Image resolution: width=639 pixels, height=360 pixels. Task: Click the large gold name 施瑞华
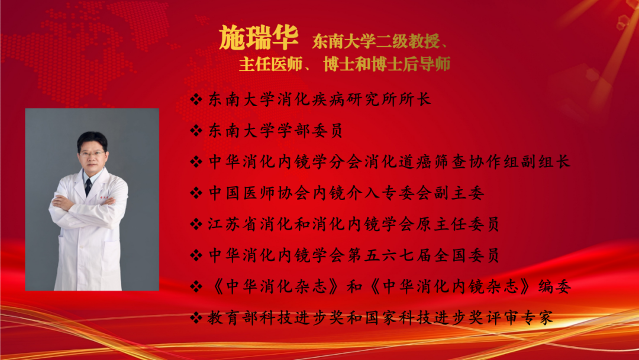(259, 38)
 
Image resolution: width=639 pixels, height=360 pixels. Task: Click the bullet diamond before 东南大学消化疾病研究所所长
(196, 99)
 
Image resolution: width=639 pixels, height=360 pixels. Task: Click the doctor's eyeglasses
(92, 154)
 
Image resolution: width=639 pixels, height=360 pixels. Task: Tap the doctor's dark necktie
(88, 187)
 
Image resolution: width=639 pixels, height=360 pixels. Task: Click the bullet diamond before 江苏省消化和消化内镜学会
(196, 224)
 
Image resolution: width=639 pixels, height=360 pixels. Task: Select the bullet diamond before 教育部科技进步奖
(196, 318)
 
